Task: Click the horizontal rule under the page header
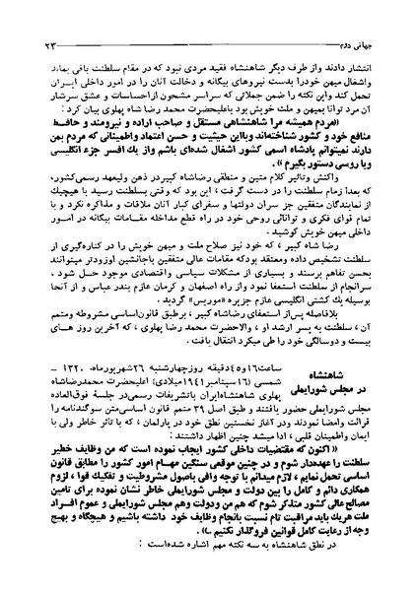pyautogui.click(x=208, y=28)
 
